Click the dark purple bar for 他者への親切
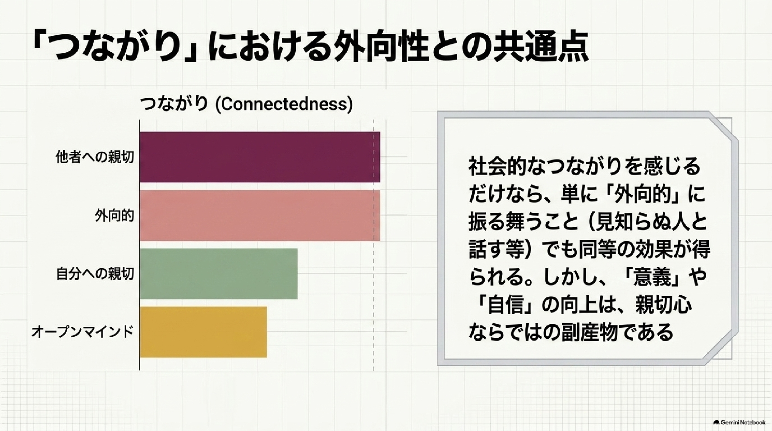[260, 157]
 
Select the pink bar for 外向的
[260, 215]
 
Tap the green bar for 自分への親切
[219, 274]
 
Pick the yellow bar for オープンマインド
[203, 332]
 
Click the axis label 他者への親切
[95, 157]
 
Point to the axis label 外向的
[114, 215]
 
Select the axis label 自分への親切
[95, 274]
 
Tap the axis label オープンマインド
[82, 332]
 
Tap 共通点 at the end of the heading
[542, 47]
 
